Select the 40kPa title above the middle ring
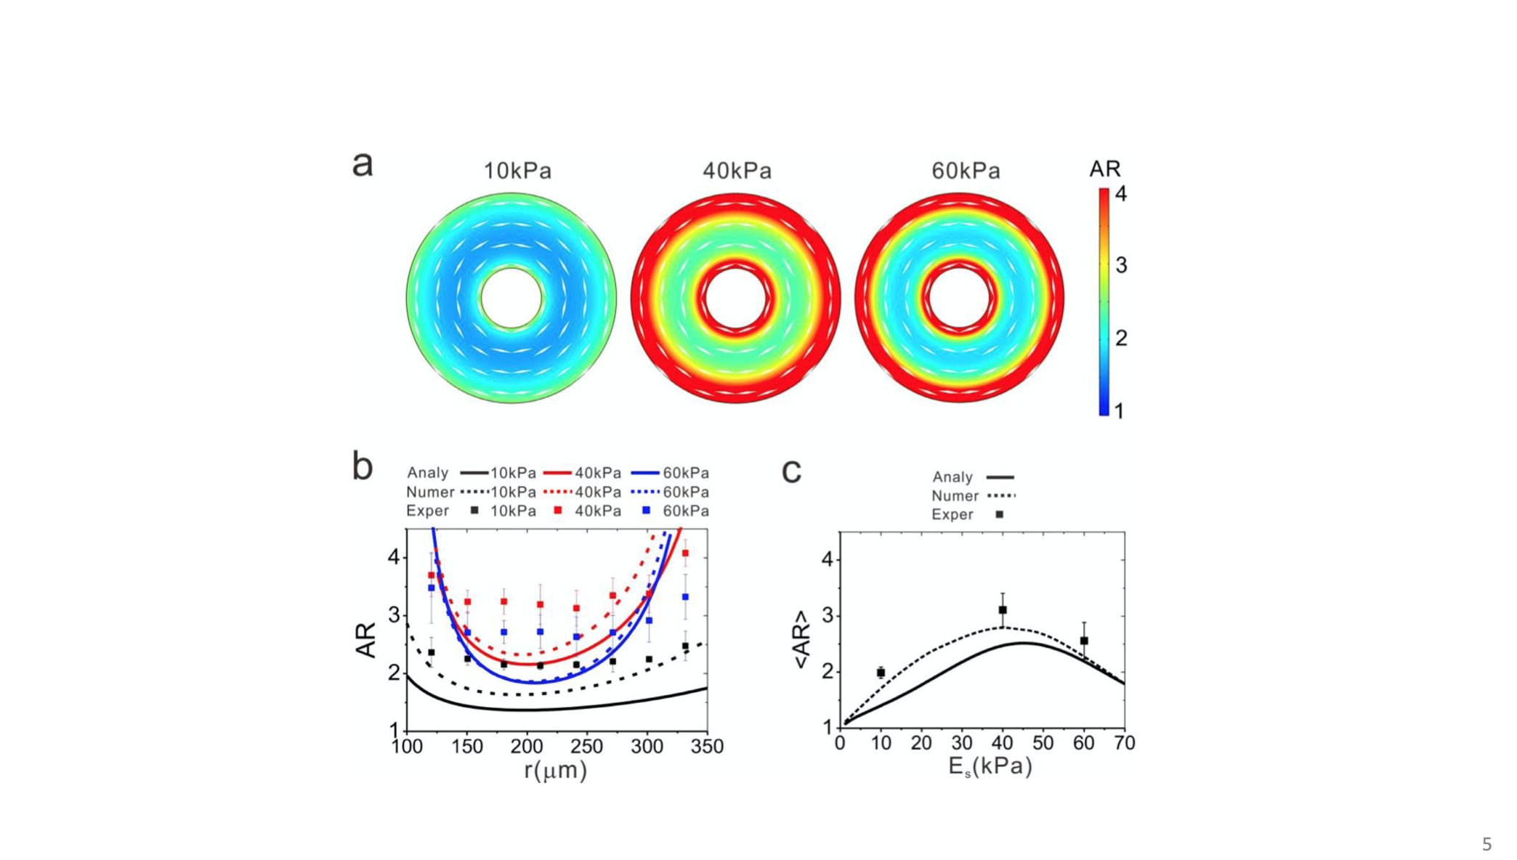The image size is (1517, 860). click(x=737, y=171)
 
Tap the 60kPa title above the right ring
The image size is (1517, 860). click(x=966, y=171)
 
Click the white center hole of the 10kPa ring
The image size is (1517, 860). click(x=511, y=298)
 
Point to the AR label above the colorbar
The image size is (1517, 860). click(x=1104, y=169)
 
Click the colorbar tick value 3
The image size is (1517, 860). click(x=1121, y=266)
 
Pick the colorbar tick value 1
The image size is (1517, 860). click(x=1119, y=411)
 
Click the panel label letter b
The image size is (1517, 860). click(x=362, y=466)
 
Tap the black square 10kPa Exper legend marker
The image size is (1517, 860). click(x=474, y=511)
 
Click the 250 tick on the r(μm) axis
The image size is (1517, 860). click(x=587, y=747)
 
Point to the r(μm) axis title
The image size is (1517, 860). click(x=556, y=770)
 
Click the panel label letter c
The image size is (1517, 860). click(x=791, y=471)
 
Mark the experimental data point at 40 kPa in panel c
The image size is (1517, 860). click(x=1003, y=610)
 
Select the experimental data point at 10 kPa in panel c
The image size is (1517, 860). click(x=881, y=673)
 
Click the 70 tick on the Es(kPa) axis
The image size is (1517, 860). click(x=1125, y=743)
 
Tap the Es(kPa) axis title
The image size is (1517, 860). click(x=990, y=766)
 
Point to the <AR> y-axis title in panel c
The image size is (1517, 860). click(x=801, y=640)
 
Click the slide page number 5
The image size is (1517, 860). click(x=1486, y=844)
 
